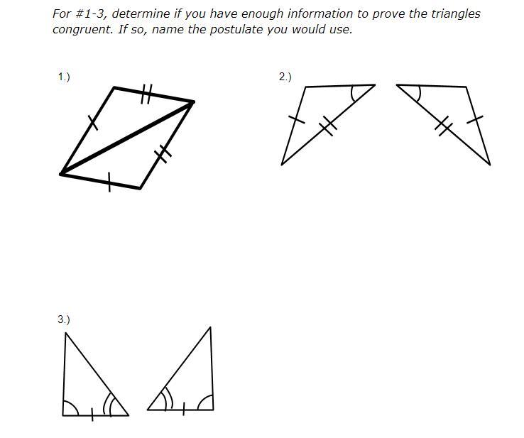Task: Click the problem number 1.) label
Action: click(64, 77)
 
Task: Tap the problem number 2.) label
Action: click(285, 77)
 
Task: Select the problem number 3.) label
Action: click(64, 319)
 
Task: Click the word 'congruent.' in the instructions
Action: click(83, 29)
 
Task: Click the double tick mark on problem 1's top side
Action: click(146, 94)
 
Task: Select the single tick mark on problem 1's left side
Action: click(93, 123)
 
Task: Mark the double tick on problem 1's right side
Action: click(163, 153)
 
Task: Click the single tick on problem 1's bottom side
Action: click(109, 182)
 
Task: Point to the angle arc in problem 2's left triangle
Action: click(353, 94)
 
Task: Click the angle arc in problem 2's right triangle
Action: click(417, 94)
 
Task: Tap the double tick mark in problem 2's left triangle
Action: click(328, 126)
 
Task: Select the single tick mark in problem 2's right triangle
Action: click(474, 119)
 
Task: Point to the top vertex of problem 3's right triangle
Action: click(210, 327)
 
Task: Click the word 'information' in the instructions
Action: click(320, 13)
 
